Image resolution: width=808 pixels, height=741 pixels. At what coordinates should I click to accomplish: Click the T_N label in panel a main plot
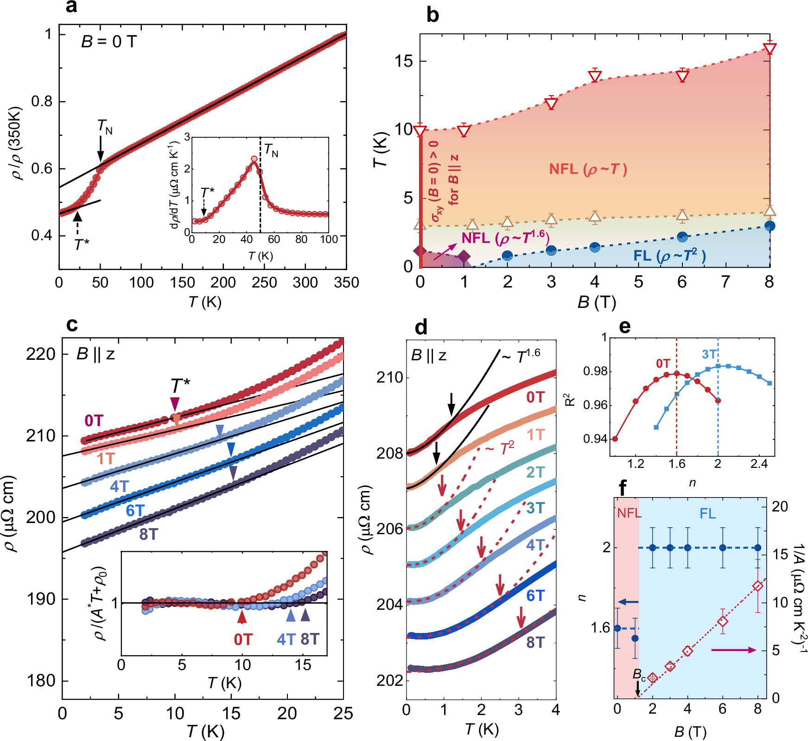pos(105,126)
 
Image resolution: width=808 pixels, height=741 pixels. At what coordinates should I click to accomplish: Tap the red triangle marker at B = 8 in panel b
pos(770,49)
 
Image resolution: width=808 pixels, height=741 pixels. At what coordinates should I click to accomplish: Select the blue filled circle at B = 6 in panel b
pos(682,237)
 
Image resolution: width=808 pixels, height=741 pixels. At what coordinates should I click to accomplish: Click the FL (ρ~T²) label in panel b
pos(669,256)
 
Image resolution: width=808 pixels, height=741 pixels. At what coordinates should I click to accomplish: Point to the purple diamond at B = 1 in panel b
pos(464,256)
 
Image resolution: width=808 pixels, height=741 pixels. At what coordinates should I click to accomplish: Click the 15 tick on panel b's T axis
pos(403,61)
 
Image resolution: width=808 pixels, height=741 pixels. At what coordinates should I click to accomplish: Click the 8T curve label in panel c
pos(148,535)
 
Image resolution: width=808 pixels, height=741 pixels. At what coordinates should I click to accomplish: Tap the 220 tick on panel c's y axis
pos(41,354)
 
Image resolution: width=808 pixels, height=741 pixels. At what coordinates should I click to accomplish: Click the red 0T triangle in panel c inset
pos(242,617)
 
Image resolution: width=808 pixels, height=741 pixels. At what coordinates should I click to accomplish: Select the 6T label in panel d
pos(535,596)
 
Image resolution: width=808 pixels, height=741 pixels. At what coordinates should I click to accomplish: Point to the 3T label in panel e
pos(709,355)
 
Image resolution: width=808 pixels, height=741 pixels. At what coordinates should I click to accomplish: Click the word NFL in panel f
pos(629,513)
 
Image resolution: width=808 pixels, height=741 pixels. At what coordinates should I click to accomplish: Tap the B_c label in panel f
pos(639,674)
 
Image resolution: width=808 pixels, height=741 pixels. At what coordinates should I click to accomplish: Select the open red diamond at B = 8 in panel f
pos(758,586)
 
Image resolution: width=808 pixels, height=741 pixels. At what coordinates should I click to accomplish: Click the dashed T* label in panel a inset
pos(207,192)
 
